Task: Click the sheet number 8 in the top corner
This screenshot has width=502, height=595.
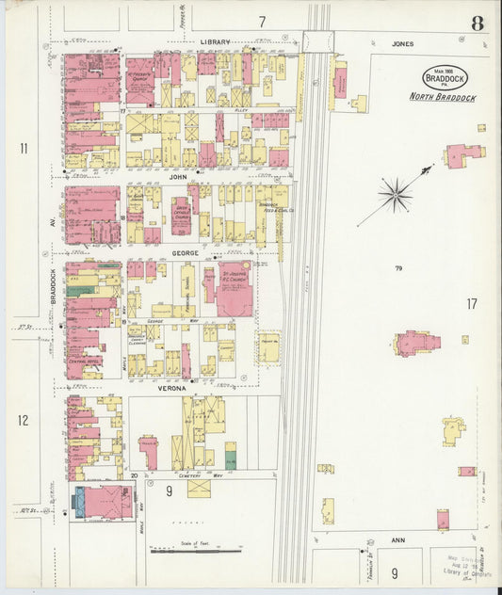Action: pos(478,24)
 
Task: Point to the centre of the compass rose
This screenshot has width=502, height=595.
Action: pos(395,195)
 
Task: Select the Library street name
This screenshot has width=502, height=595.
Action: pos(215,42)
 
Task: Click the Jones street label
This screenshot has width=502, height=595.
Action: pos(403,43)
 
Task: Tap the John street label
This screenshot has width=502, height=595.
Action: pos(178,175)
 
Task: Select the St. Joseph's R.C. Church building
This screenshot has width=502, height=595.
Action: pos(234,289)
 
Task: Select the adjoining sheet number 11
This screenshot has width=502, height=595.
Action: pos(24,148)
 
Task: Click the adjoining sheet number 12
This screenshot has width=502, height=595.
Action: pos(24,420)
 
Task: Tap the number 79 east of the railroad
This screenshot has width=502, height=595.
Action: pos(399,269)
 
